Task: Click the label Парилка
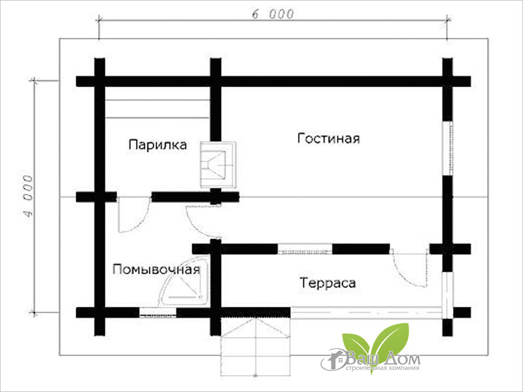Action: (x=158, y=144)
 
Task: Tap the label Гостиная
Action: (x=329, y=139)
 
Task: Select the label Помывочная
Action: (x=156, y=269)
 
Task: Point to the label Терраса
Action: (x=328, y=283)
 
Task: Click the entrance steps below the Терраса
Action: (x=255, y=346)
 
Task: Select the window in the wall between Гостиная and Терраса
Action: (x=305, y=248)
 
